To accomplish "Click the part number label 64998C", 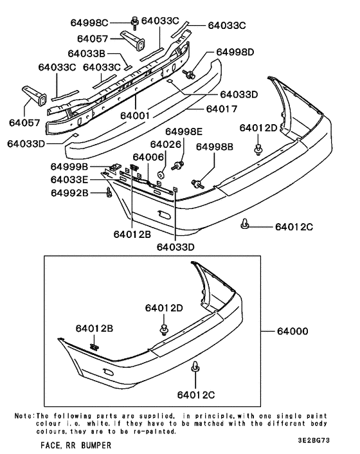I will point(107,23).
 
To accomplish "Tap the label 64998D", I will point(235,51).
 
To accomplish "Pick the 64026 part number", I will point(165,144).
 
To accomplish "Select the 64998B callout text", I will point(215,147).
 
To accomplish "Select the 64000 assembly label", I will point(293,332).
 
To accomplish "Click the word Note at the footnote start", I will point(23,416).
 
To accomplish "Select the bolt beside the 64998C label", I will point(135,23).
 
